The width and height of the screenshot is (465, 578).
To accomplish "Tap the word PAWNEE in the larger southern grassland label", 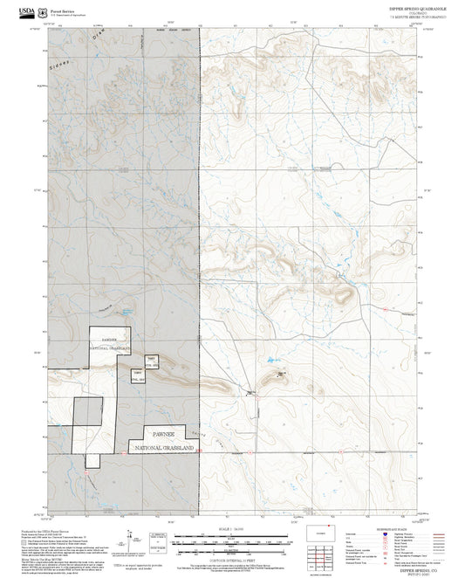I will pos(164,433).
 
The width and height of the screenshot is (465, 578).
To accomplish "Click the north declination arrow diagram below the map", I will pos(130,536).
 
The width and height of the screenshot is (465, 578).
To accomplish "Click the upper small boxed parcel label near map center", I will pos(151,360).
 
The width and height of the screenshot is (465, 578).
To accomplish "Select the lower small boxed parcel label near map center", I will pos(138,376).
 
